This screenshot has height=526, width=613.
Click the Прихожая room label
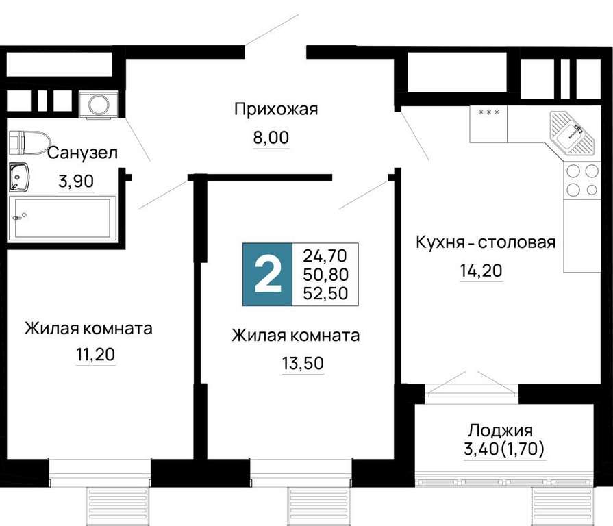276,110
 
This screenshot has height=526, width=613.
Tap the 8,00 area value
271,138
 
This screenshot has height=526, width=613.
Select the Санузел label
82,153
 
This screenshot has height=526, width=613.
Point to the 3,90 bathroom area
76,181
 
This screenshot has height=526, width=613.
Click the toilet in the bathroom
29,142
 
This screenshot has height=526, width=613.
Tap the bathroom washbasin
18,177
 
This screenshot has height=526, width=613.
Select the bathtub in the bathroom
62,218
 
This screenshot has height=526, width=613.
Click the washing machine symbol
99,104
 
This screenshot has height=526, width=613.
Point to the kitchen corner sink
573,132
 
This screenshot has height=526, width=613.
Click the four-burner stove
582,180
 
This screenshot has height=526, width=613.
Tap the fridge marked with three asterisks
488,124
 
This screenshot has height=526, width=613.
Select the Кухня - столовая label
485,242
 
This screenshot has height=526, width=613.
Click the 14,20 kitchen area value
481,271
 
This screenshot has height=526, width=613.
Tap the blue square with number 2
267,275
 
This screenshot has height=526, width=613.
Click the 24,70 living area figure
325,256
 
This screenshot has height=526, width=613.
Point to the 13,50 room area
303,364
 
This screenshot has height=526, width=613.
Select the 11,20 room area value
95,355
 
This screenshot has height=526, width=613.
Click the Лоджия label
501,431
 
